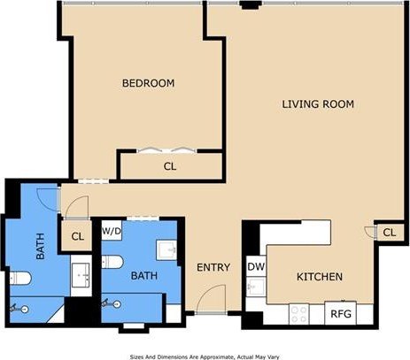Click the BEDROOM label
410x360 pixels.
pos(148,83)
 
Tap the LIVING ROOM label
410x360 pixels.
pos(318,104)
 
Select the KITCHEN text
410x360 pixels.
pos(320,277)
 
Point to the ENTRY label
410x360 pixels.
pos(213,267)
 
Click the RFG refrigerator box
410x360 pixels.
pos(341,313)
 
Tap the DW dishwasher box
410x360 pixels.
pos(256,266)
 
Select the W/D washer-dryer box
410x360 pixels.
pos(112,230)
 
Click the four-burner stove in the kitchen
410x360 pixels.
pos(299,314)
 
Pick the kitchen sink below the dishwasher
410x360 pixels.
pos(256,287)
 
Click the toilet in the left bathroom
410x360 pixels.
pos(20,278)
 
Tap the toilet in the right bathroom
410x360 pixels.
pos(112,262)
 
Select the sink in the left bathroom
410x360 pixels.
pos(81,275)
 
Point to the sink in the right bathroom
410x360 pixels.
pos(166,250)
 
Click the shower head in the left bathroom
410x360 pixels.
pos(19,309)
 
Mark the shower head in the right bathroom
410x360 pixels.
pos(111,303)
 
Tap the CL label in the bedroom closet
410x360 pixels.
pos(170,166)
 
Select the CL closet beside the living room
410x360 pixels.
pos(390,233)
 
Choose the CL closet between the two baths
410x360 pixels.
pos(77,236)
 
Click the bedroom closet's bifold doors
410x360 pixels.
pos(166,149)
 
